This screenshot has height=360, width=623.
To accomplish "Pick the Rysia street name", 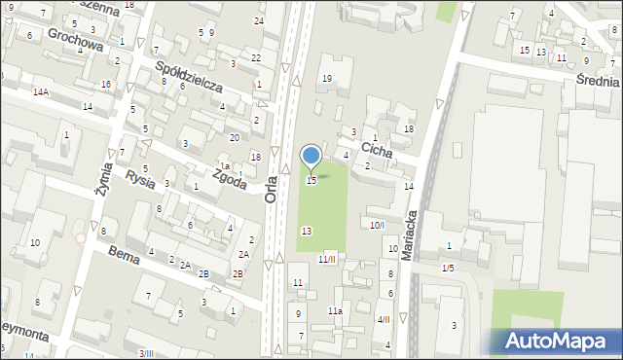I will pyautogui.click(x=140, y=178).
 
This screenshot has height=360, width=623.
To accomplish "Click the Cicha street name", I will pyautogui.click(x=377, y=150).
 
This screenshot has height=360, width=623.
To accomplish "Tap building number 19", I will pyautogui.click(x=327, y=79).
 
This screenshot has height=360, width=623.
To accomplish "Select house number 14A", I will pyautogui.click(x=40, y=91).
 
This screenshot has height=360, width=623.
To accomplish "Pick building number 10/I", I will pyautogui.click(x=378, y=225).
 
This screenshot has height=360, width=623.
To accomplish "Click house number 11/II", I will pyautogui.click(x=327, y=259).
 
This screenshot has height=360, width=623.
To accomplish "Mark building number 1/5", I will pyautogui.click(x=448, y=268).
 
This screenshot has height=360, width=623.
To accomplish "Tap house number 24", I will pyautogui.click(x=259, y=20).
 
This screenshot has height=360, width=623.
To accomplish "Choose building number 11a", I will pyautogui.click(x=334, y=310).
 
